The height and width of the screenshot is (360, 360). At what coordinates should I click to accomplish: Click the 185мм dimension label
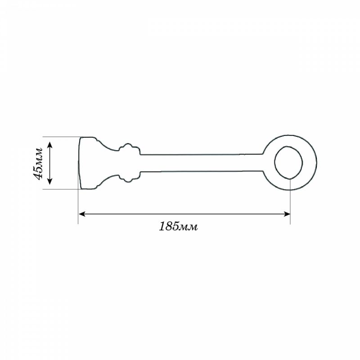pyautogui.click(x=178, y=227)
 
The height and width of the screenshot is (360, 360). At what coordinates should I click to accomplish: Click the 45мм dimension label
pyautogui.click(x=37, y=163)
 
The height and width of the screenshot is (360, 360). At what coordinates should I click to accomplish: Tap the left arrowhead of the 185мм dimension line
pyautogui.click(x=82, y=214)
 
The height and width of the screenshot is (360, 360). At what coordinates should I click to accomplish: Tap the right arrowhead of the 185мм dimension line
pyautogui.click(x=287, y=214)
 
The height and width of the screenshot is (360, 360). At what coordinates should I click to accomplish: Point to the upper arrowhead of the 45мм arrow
pyautogui.click(x=50, y=145)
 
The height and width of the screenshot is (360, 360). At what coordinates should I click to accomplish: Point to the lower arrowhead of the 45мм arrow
pyautogui.click(x=50, y=181)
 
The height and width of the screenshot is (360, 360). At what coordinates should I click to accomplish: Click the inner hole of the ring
pyautogui.click(x=288, y=162)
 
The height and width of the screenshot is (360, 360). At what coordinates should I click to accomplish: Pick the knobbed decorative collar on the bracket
pyautogui.click(x=129, y=163)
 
